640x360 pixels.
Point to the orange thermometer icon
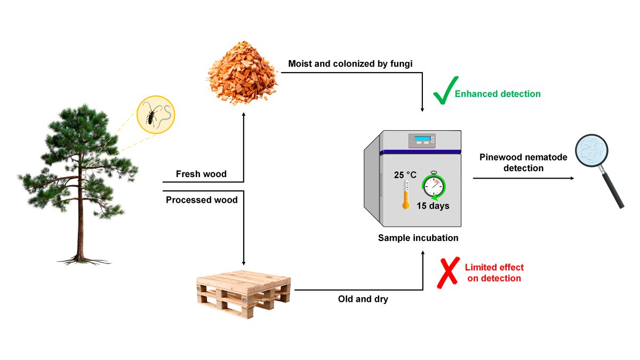[406, 195]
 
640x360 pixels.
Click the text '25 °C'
[405, 174]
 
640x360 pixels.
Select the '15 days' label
[433, 206]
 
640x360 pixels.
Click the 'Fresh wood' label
[201, 174]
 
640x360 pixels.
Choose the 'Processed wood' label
[202, 200]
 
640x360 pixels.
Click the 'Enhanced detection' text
[497, 94]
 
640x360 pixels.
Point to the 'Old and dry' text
[363, 299]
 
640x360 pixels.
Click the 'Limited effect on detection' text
[494, 273]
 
